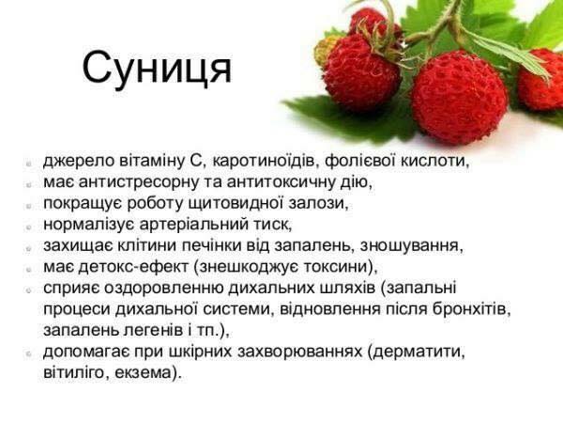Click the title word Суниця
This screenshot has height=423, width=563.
tap(157, 69)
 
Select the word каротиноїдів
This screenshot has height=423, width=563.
tap(265, 161)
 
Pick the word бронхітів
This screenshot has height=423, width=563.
tap(471, 309)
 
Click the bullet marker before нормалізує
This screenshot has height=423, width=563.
tap(29, 227)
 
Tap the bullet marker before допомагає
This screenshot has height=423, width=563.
tap(29, 354)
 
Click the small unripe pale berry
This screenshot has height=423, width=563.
tap(324, 52)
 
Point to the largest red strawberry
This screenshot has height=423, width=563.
tap(459, 97)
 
